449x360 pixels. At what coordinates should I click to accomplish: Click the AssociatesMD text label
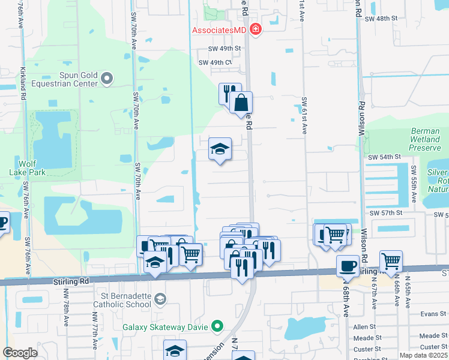(220, 30)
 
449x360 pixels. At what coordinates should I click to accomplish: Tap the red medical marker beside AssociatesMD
(256, 29)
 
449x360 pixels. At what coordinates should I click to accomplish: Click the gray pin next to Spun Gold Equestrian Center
(107, 77)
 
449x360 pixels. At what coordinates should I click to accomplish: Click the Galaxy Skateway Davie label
(165, 327)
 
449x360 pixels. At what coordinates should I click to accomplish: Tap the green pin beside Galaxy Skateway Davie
(217, 327)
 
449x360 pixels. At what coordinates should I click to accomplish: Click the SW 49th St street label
(224, 49)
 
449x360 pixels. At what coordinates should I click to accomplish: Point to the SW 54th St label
(384, 157)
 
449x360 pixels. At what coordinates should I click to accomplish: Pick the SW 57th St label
(384, 213)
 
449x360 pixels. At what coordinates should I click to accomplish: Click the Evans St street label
(430, 313)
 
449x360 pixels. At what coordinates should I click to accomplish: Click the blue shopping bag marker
(241, 102)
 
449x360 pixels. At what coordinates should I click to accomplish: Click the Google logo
(20, 353)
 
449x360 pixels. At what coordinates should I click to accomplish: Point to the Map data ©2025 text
(423, 355)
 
